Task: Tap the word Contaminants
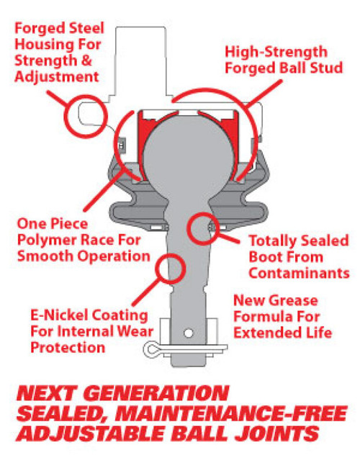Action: pyautogui.click(x=305, y=273)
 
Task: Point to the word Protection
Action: pyautogui.click(x=68, y=348)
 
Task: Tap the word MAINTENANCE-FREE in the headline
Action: pyautogui.click(x=224, y=415)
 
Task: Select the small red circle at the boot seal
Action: pyautogui.click(x=202, y=229)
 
